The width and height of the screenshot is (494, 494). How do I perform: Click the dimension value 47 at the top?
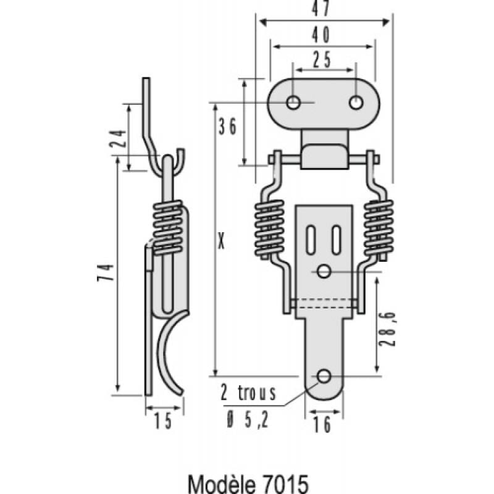[321, 8]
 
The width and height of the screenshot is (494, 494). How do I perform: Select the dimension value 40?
[321, 35]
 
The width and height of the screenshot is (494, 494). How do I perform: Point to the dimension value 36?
[227, 127]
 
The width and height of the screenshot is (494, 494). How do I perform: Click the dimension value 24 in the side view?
[118, 138]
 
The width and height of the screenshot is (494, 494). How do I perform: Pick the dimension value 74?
[106, 272]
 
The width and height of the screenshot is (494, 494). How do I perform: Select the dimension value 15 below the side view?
[163, 421]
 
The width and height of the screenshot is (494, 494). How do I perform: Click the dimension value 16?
[322, 424]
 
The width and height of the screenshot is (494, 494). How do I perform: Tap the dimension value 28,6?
[388, 329]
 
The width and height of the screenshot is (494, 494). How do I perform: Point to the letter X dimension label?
[222, 241]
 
